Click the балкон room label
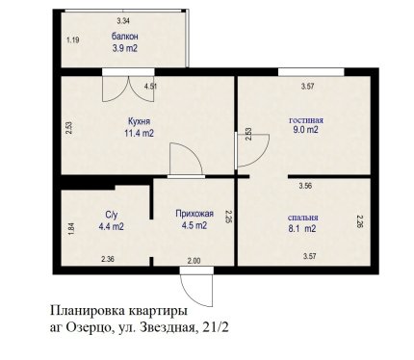pyautogui.click(x=125, y=37)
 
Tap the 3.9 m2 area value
pyautogui.click(x=125, y=48)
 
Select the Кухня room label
pyautogui.click(x=139, y=121)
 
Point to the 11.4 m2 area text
pyautogui.click(x=139, y=133)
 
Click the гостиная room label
pyautogui.click(x=306, y=120)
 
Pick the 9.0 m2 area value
pyautogui.click(x=305, y=130)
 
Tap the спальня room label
pyautogui.click(x=302, y=218)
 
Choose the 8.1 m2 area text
pyautogui.click(x=302, y=229)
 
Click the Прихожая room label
pyautogui.click(x=194, y=214)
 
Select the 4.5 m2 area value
pyautogui.click(x=194, y=225)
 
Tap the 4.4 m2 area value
pyautogui.click(x=112, y=226)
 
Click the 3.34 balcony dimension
pyautogui.click(x=123, y=21)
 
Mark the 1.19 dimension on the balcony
pyautogui.click(x=73, y=40)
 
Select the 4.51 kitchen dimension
pyautogui.click(x=151, y=87)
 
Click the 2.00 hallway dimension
pyautogui.click(x=194, y=261)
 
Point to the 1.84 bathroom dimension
pyautogui.click(x=72, y=229)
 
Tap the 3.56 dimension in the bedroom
pyautogui.click(x=305, y=186)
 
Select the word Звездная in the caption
pyautogui.click(x=170, y=327)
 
